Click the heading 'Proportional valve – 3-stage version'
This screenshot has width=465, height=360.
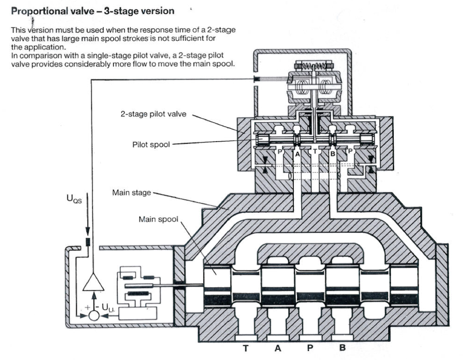click(x=93, y=11)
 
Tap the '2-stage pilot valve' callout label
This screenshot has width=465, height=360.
click(x=153, y=114)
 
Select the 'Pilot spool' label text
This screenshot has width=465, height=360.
click(x=151, y=144)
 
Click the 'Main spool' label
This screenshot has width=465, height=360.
click(x=158, y=220)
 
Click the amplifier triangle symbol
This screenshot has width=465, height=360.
click(x=93, y=283)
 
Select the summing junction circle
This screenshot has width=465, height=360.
click(x=94, y=315)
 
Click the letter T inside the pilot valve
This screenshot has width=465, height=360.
click(x=315, y=152)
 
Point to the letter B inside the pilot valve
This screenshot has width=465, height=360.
click(x=333, y=152)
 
